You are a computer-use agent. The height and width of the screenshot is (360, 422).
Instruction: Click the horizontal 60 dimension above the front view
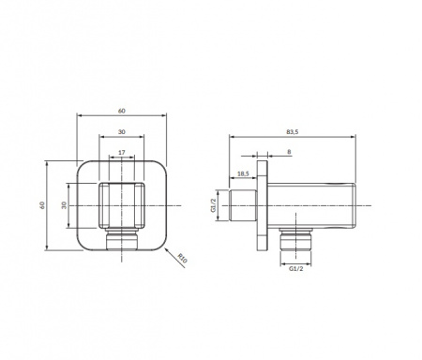coord(122,111)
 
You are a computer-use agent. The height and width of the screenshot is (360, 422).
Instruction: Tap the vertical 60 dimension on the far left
coord(42,205)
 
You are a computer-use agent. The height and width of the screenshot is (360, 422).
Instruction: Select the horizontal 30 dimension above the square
coord(122,132)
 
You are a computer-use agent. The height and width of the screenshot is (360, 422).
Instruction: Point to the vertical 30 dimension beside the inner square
coord(64,205)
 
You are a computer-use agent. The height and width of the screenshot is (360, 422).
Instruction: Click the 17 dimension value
coord(122,153)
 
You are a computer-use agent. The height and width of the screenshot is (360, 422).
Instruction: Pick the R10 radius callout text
coord(182,259)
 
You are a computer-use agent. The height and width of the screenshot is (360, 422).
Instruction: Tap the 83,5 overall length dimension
coord(293,132)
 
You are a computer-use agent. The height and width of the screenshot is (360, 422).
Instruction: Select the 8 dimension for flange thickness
coord(289,152)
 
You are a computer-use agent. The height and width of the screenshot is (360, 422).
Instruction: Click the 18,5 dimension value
coord(243,173)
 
